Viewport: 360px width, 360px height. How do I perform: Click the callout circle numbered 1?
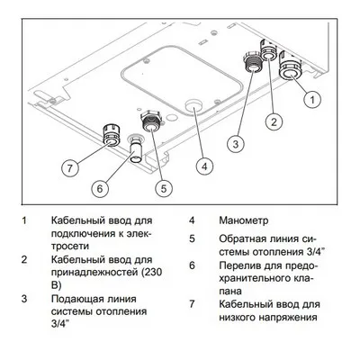[312, 96]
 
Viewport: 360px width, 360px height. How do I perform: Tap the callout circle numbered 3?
[234, 141]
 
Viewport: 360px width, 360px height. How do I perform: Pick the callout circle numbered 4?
[204, 166]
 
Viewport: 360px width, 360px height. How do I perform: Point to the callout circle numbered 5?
[163, 187]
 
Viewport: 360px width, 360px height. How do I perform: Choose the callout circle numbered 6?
[102, 187]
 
